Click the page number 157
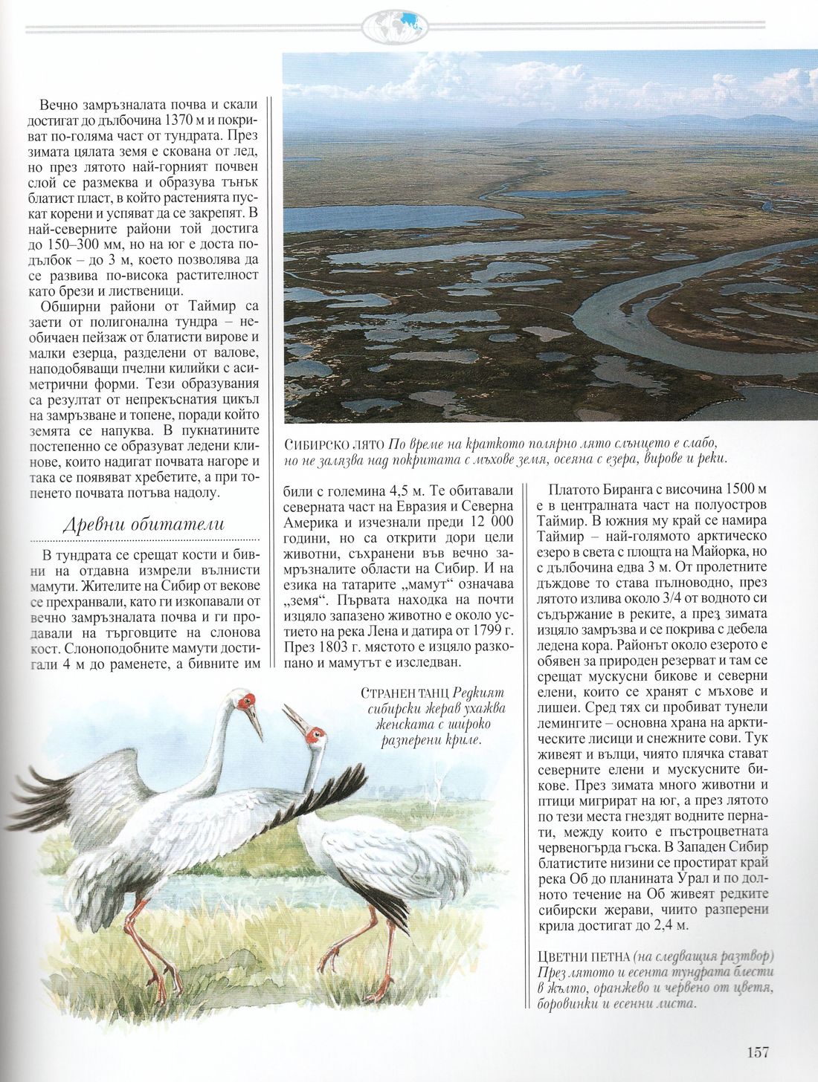click(757, 1052)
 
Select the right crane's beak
click(295, 719)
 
